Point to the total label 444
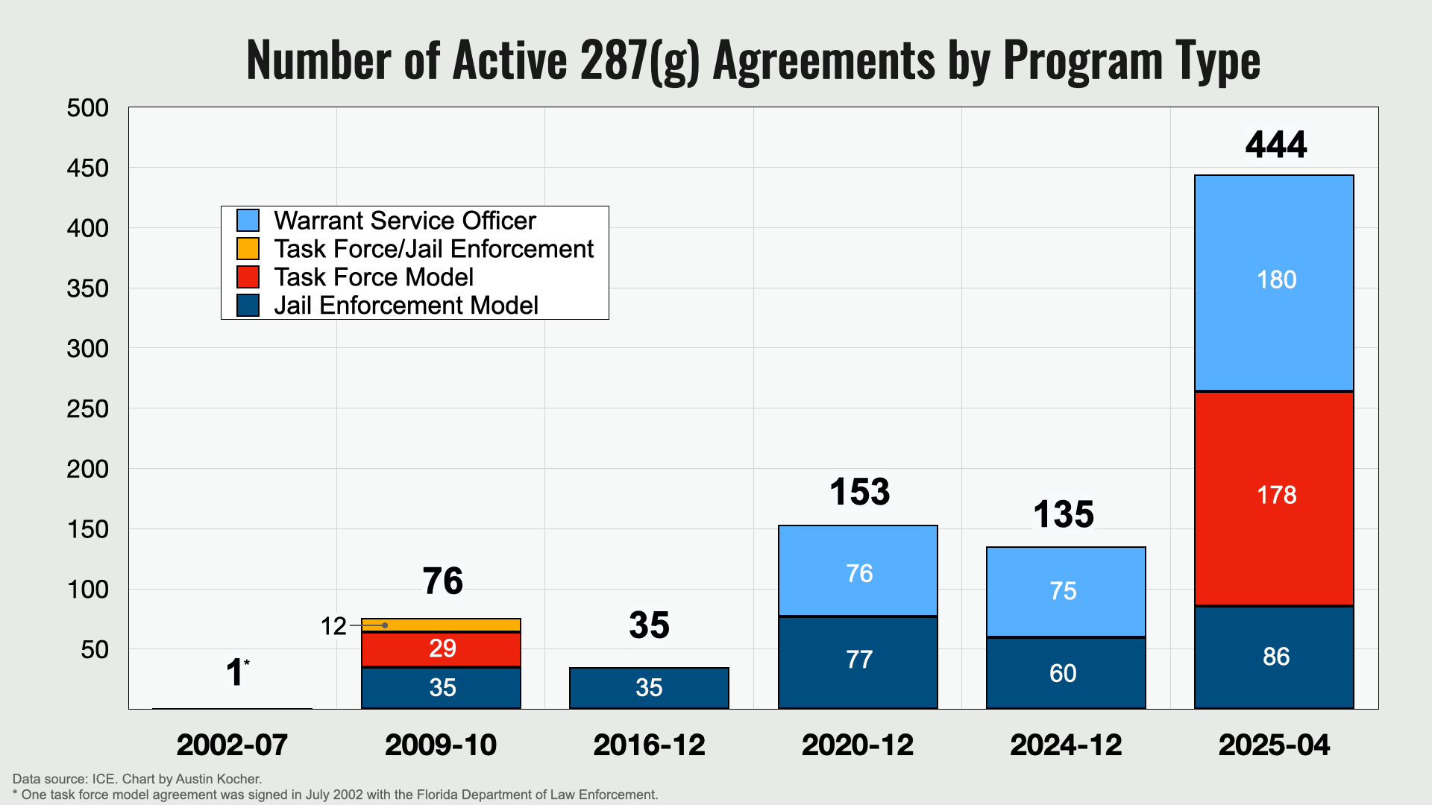(1276, 145)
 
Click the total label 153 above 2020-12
(859, 492)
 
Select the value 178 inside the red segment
(1276, 495)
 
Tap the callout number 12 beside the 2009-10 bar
(333, 626)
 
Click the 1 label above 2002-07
(235, 672)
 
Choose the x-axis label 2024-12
(1066, 745)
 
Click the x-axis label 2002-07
(232, 745)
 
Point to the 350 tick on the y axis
(88, 288)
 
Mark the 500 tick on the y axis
(88, 108)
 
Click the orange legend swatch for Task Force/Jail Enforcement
(248, 248)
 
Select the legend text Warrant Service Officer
(404, 221)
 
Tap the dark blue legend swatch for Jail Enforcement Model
(248, 306)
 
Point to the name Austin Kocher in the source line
(219, 779)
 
